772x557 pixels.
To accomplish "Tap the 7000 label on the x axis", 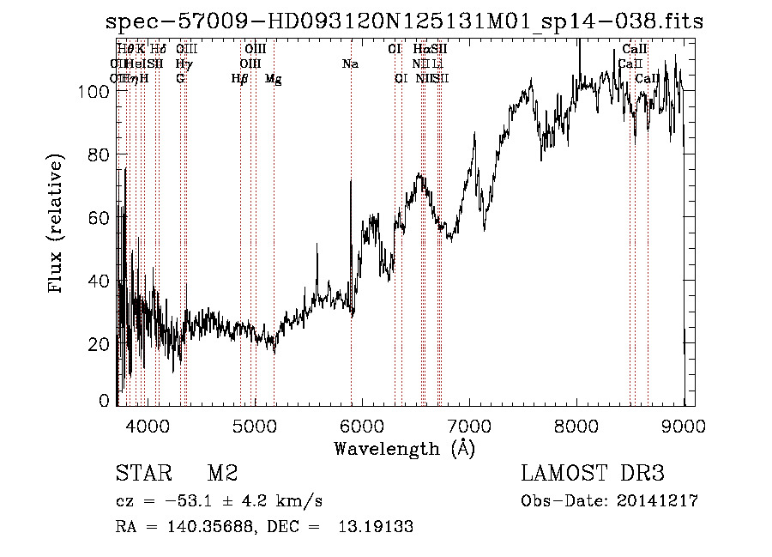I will coord(469,424).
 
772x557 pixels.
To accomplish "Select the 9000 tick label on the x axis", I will coord(684,424).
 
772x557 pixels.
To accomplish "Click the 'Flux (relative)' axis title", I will coord(57,225).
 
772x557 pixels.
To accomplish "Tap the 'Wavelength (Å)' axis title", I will coord(404,448).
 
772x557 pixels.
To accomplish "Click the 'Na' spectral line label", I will coord(349,64).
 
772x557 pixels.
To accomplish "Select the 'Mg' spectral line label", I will coord(273,79).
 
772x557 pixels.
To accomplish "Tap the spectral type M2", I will coord(222,474).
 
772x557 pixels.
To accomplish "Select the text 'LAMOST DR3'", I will coord(593,474).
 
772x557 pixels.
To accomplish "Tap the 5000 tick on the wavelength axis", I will coord(254,424).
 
